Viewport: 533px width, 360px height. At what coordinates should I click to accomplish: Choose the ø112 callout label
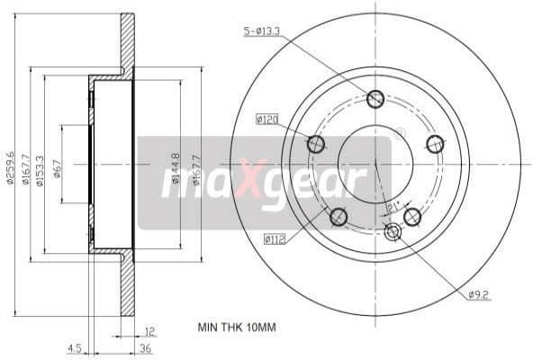(275, 238)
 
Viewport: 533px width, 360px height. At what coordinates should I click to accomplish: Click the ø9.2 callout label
(477, 293)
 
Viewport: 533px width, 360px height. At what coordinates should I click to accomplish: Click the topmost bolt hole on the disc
(375, 99)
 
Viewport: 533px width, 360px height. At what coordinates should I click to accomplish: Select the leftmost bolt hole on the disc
(316, 143)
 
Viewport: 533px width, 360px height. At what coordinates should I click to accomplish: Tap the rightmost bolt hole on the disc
(436, 143)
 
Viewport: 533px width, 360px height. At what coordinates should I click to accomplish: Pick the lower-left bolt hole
(339, 217)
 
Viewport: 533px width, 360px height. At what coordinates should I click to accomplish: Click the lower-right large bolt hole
(412, 216)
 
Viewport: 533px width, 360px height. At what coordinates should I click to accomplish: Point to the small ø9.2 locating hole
(392, 233)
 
